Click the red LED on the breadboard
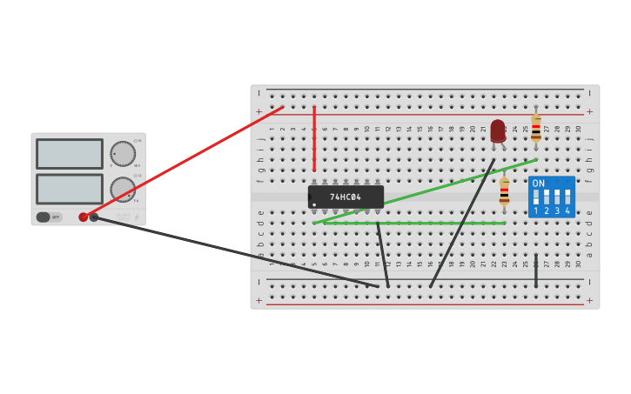(x=498, y=130)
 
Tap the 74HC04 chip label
(x=346, y=197)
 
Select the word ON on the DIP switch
(x=539, y=184)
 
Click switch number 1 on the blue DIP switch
(x=536, y=197)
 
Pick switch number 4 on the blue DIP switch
(x=567, y=197)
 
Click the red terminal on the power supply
(x=84, y=217)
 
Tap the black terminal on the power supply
(x=94, y=217)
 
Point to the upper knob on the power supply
(x=123, y=154)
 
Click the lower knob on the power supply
(x=123, y=189)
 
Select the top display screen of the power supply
(x=70, y=154)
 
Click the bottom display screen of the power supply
(x=70, y=189)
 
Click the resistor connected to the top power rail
(x=536, y=129)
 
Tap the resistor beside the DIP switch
(x=504, y=192)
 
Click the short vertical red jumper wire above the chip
(x=314, y=139)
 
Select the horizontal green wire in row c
(x=413, y=224)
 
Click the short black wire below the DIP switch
(x=536, y=273)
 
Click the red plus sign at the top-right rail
(x=589, y=111)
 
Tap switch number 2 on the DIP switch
(x=547, y=197)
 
